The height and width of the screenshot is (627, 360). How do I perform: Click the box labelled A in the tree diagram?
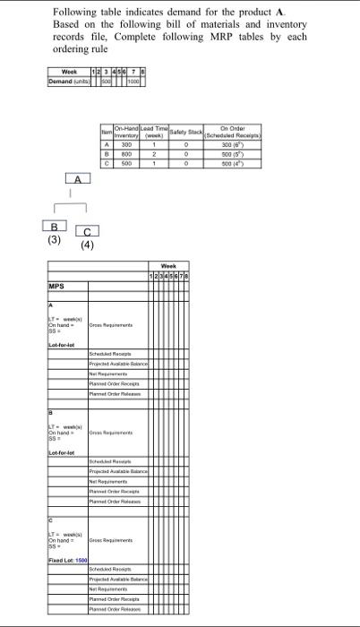(x=81, y=179)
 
